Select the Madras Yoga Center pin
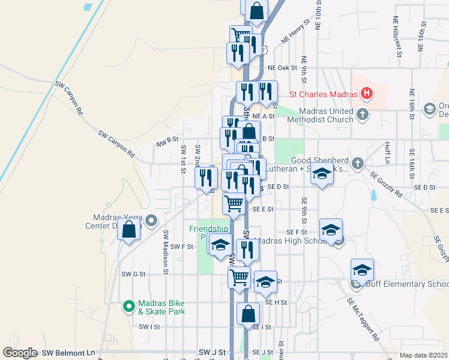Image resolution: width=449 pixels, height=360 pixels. click(151, 220)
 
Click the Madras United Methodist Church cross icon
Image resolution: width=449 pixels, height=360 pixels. click(363, 114)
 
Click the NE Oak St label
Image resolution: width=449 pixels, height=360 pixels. click(283, 68)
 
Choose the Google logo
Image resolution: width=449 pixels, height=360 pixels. click(20, 353)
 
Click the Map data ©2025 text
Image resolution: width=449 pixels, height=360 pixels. click(423, 355)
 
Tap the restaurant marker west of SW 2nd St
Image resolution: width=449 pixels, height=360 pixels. click(205, 178)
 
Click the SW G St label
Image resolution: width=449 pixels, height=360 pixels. click(133, 274)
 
